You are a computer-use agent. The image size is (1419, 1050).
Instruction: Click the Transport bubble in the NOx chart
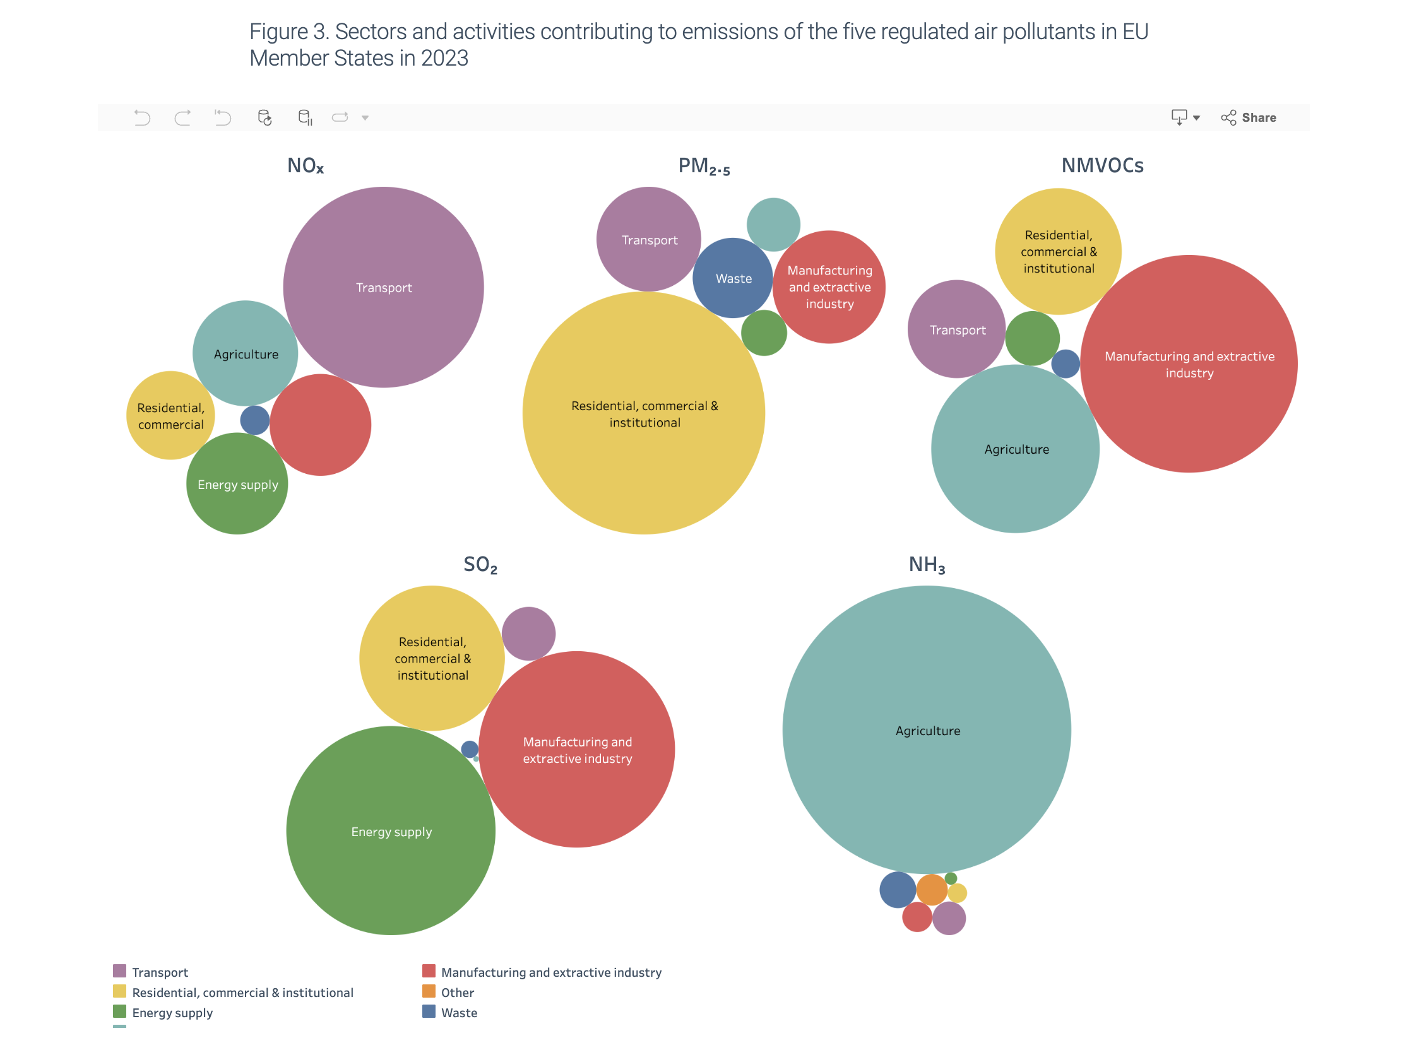click(383, 287)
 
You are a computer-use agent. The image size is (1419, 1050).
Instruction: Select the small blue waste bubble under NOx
click(255, 420)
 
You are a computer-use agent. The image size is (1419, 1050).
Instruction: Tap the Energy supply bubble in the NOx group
click(237, 485)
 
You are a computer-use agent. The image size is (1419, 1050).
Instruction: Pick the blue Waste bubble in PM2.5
click(733, 278)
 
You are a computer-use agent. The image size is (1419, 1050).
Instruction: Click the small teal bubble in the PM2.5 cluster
click(774, 225)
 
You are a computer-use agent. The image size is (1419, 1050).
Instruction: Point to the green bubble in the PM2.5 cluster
click(764, 333)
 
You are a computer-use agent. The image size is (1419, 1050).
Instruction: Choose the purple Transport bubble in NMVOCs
click(957, 329)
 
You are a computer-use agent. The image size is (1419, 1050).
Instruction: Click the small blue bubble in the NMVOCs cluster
click(1066, 363)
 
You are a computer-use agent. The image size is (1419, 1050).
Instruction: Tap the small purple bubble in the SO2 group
click(528, 634)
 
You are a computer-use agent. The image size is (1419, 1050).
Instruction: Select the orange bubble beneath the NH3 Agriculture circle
click(932, 890)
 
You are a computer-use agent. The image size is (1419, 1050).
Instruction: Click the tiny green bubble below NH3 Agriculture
click(951, 878)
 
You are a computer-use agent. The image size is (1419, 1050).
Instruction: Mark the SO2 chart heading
click(480, 564)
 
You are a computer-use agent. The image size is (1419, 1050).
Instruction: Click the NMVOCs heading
click(1102, 165)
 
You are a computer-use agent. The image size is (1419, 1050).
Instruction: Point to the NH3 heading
click(926, 564)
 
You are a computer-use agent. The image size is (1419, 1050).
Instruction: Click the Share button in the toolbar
click(1249, 117)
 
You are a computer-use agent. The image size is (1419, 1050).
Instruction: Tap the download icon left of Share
click(1179, 117)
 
